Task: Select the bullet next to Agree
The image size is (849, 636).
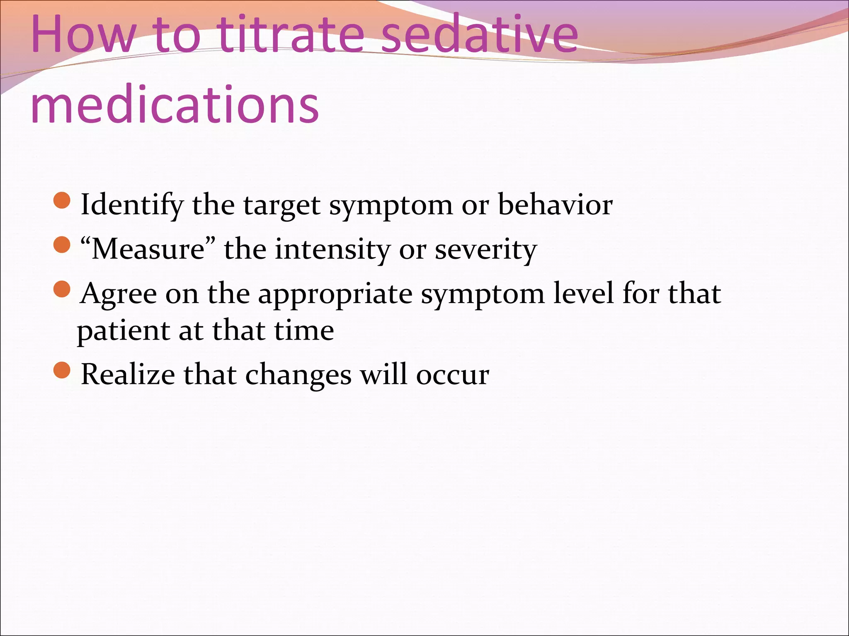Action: coord(62,289)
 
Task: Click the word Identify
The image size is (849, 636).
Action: coord(132,205)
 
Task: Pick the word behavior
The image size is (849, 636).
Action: coord(555,205)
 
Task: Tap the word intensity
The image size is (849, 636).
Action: coord(332,249)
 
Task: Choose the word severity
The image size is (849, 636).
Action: coord(485,249)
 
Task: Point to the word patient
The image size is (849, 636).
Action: coord(123,331)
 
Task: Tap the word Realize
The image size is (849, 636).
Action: coord(128,374)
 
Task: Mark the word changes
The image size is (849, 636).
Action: coord(298,375)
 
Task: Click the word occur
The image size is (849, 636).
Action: coord(452,375)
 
